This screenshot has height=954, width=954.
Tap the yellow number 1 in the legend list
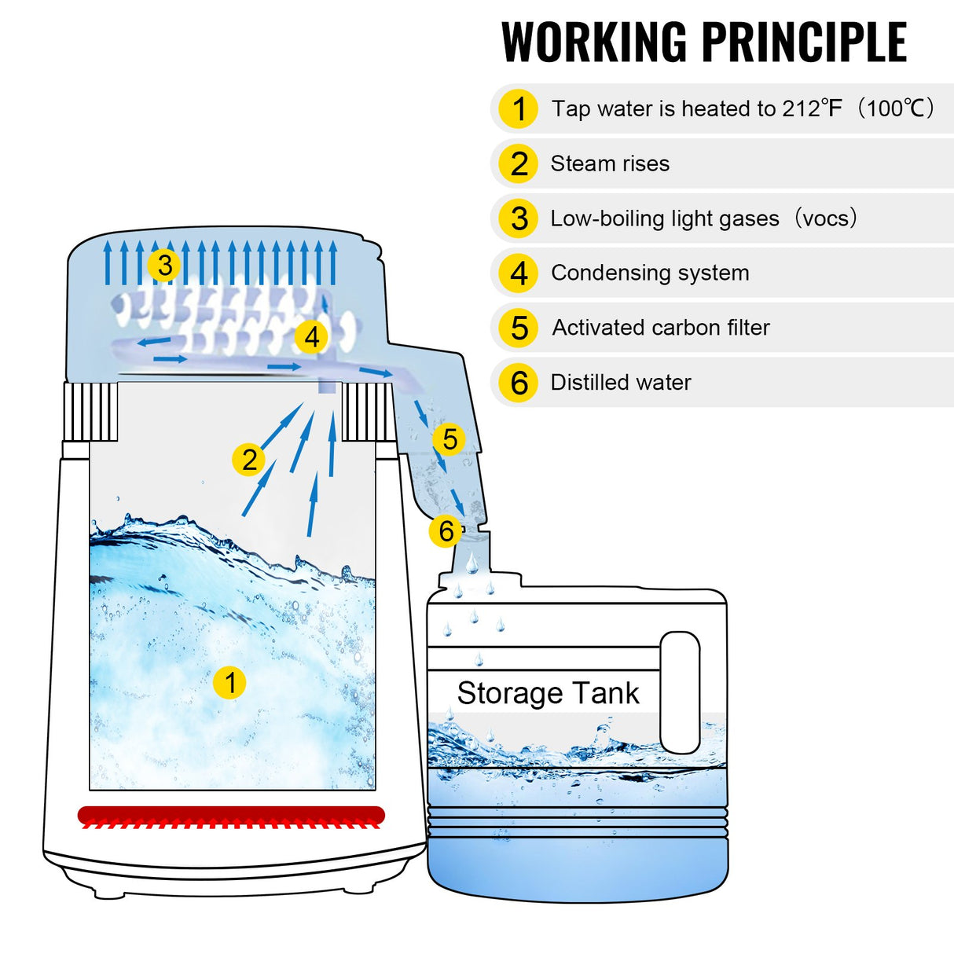[x=519, y=109]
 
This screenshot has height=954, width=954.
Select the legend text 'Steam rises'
[x=610, y=163]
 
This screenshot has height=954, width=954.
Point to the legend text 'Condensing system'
[x=650, y=273]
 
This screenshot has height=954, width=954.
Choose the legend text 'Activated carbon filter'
[x=661, y=328]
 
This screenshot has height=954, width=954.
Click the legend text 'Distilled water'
[x=621, y=383]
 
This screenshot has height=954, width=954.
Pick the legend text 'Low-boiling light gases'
[x=665, y=218]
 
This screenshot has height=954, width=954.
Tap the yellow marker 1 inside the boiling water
[x=229, y=683]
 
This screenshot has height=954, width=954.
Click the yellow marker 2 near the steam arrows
[x=249, y=460]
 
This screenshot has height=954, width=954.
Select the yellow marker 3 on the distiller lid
[x=164, y=265]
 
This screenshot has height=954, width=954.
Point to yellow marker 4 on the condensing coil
[x=312, y=337]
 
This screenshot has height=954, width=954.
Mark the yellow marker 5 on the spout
[x=449, y=439]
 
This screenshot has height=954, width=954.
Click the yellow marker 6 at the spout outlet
[x=446, y=531]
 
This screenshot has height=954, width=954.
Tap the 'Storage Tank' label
[x=548, y=693]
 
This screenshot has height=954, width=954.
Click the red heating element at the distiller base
[x=231, y=816]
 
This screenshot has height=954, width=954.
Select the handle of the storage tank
[x=680, y=692]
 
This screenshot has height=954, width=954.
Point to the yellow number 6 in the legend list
[x=519, y=383]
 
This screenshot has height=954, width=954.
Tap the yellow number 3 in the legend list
[x=519, y=218]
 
